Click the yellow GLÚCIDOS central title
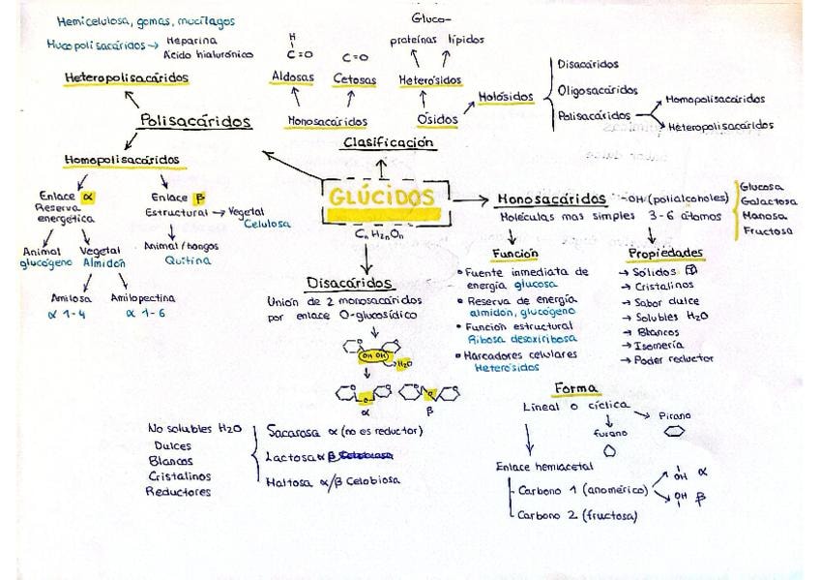point(382,197)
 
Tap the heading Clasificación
point(389,142)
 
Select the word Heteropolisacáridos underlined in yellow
point(127,76)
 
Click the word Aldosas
point(292,78)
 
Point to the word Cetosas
point(355,79)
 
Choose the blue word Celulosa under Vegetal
point(267,224)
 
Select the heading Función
point(513,253)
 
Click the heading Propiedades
point(665,253)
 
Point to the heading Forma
point(574,388)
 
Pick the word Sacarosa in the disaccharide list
point(296,430)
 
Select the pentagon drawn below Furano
point(609,451)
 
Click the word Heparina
point(191,42)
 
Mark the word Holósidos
point(507,97)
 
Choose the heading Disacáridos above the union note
point(349,283)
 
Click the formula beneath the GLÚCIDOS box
point(380,232)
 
